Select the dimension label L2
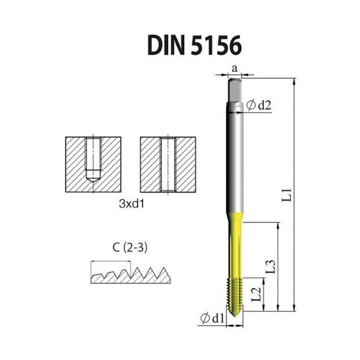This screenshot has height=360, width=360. [256, 293]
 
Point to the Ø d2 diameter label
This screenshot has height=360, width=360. [260, 106]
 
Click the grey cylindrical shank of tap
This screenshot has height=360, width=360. [236, 162]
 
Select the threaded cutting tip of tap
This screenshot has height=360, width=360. [236, 296]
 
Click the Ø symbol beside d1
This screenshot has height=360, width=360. [205, 317]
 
